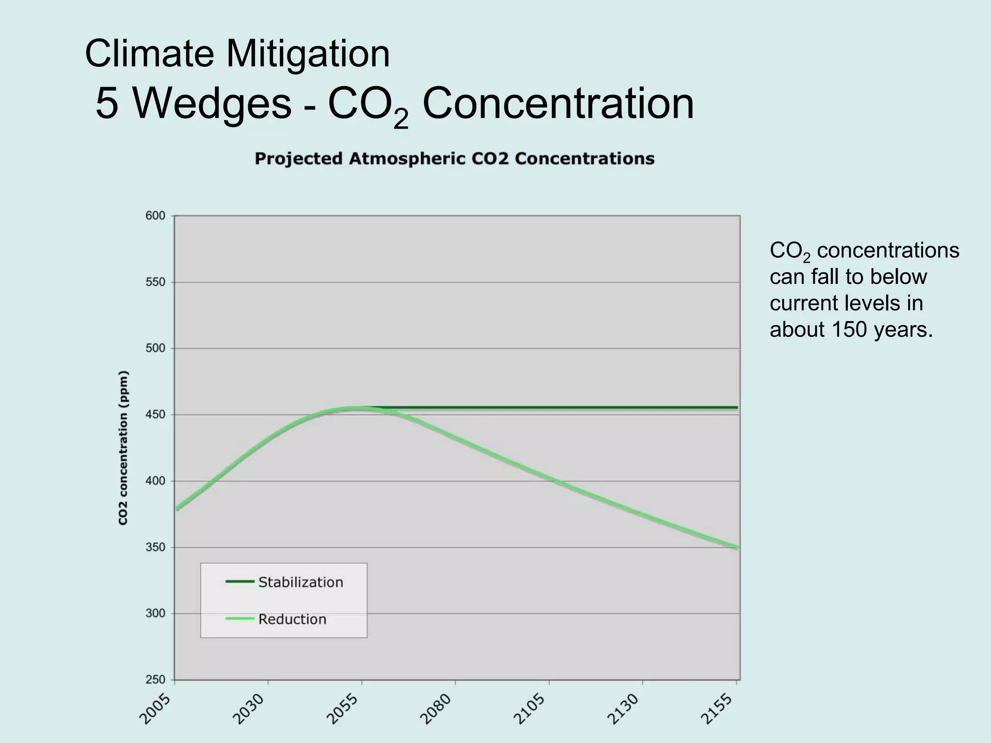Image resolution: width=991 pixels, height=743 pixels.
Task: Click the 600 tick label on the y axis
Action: point(155,216)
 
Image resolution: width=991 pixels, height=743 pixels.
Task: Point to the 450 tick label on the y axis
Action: point(155,415)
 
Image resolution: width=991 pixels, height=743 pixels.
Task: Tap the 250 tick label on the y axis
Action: point(155,680)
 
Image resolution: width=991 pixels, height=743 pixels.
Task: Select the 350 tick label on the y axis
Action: point(155,547)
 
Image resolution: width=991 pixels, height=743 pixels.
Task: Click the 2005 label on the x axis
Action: point(156,709)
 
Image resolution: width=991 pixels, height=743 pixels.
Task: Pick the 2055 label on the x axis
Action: point(344,709)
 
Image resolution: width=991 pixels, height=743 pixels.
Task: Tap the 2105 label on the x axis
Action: point(531,709)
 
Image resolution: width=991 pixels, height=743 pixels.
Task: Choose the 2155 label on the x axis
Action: point(718,709)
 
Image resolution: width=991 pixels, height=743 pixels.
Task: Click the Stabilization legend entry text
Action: point(300,582)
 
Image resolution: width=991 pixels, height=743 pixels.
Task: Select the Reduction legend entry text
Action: point(292,619)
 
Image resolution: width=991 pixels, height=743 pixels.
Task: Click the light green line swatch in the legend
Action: point(240,619)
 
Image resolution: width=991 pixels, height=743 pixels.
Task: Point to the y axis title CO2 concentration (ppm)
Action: point(123,447)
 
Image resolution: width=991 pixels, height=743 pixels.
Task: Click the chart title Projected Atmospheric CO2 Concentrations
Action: point(454,159)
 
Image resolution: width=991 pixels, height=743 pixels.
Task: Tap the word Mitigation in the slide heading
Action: point(308,53)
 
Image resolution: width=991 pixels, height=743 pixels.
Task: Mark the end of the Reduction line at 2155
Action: point(737,547)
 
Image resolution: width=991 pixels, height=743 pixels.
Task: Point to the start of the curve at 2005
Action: point(177,508)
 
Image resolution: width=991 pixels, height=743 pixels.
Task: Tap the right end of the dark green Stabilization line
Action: point(736,408)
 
